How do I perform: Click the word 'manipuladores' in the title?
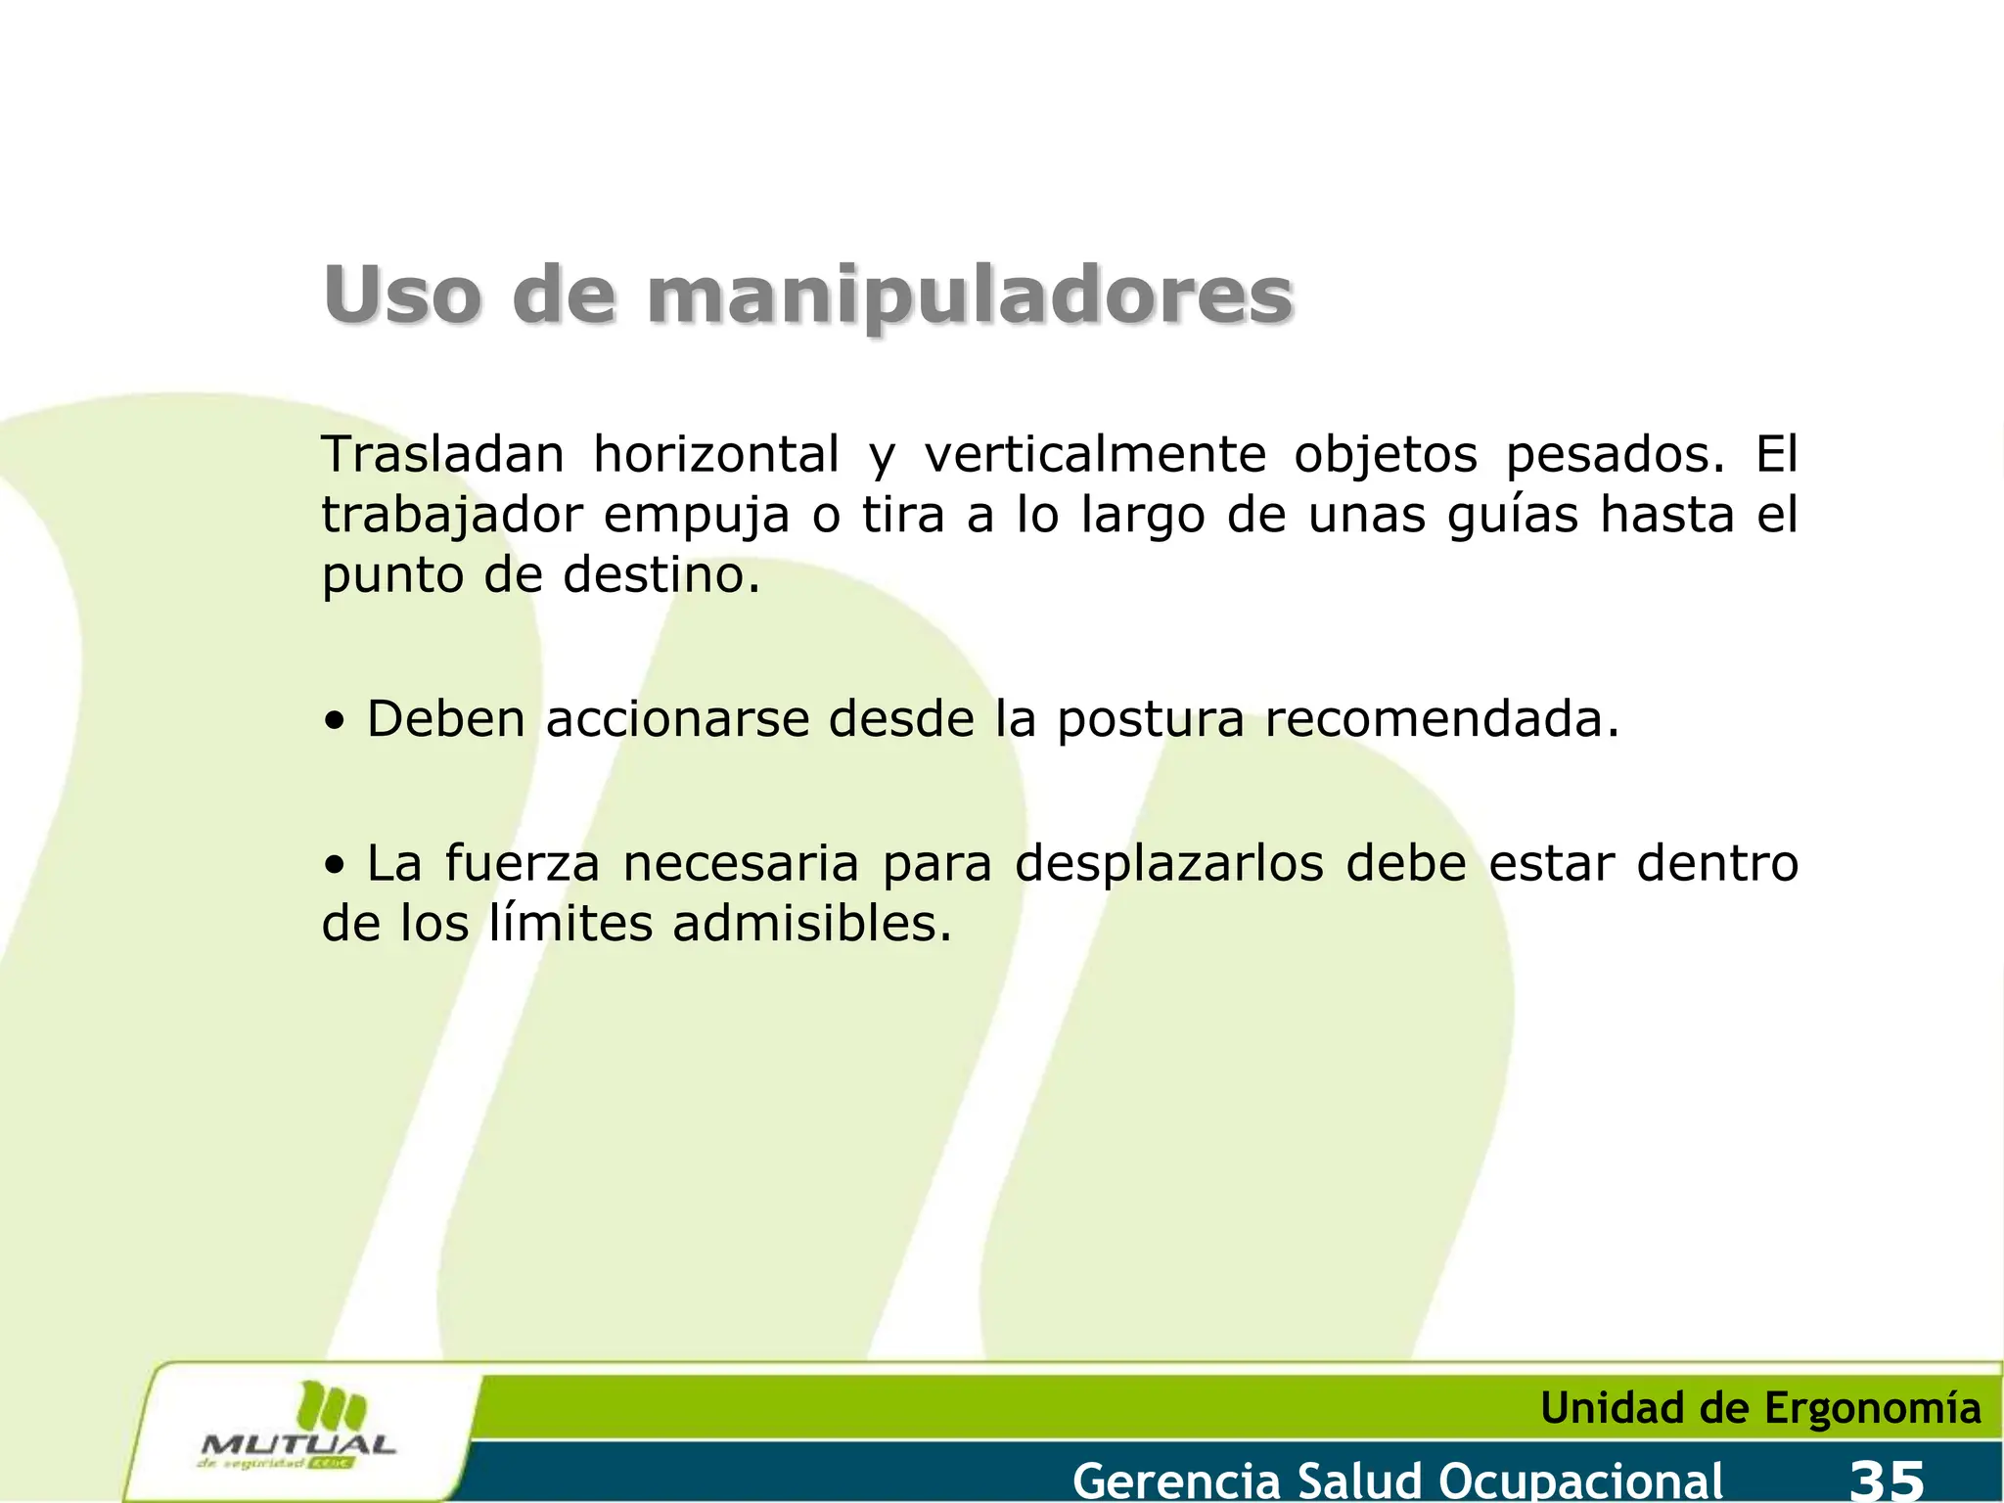coord(969,296)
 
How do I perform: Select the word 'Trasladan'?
coord(443,455)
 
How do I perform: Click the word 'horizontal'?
coord(716,455)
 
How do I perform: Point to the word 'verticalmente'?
coord(1095,455)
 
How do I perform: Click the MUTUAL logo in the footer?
coord(298,1429)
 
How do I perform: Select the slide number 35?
coord(1888,1479)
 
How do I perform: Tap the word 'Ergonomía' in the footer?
coord(1872,1409)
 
